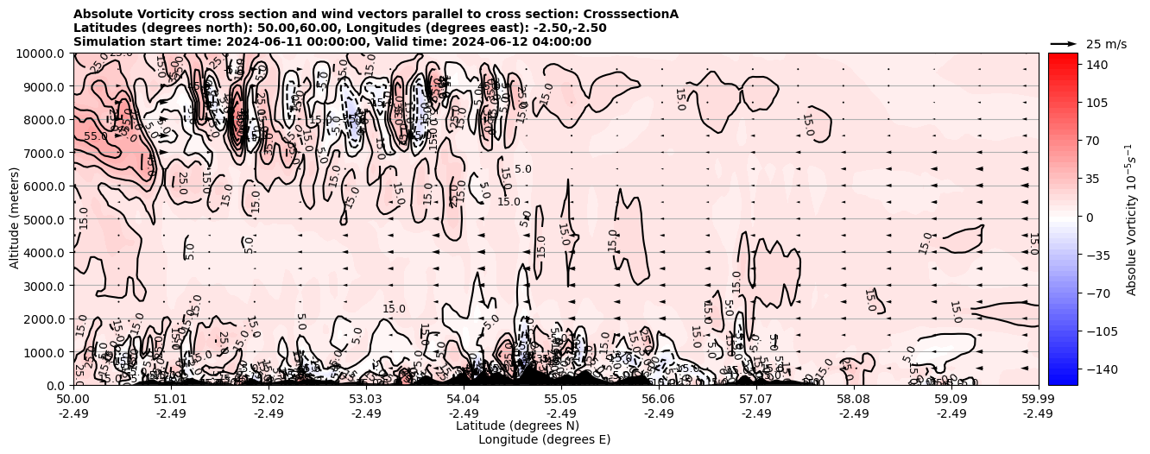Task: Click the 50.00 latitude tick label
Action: tap(73, 400)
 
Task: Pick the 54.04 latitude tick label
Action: tap(464, 400)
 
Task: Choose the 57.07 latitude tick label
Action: tap(756, 400)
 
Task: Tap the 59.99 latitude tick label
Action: tap(1038, 400)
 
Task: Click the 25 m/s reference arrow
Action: tap(1064, 43)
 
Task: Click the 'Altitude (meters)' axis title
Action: tap(15, 219)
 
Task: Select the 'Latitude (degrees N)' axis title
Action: tap(517, 426)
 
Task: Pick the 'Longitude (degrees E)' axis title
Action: tap(544, 439)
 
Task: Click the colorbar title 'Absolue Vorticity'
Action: tap(1131, 219)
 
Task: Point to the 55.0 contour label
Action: tap(96, 136)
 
